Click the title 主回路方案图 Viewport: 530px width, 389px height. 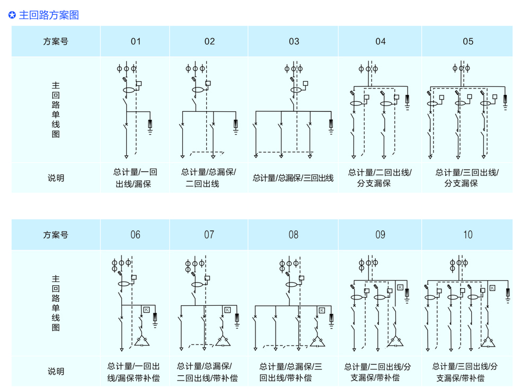pos(49,15)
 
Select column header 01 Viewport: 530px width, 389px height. pos(136,41)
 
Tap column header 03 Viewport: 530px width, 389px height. pos(294,41)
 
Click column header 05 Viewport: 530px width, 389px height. pos(467,41)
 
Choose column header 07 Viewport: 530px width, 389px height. pos(209,234)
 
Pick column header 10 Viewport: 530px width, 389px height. pos(467,234)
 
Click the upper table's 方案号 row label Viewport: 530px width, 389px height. pos(56,41)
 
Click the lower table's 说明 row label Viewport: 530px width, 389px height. pos(56,371)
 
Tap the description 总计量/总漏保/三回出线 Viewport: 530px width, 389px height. pos(293,178)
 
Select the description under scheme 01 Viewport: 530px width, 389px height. pos(135,178)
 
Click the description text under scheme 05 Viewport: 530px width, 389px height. pos(467,178)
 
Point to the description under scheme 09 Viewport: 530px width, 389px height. pos(380,372)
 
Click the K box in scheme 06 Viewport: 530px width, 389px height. pos(146,310)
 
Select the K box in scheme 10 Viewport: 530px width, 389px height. pos(492,288)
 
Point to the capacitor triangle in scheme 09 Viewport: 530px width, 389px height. pos(394,341)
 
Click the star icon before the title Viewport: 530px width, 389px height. pos(12,15)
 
